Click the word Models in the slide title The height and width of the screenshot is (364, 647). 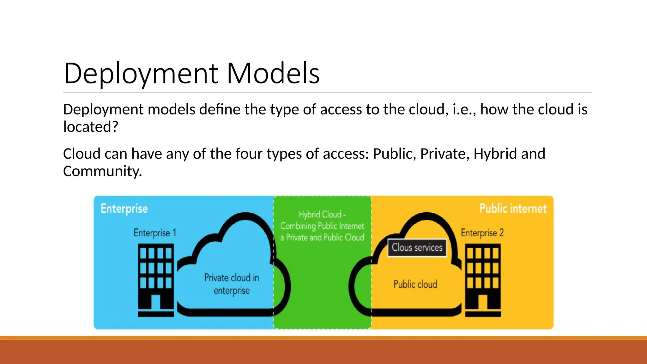(273, 73)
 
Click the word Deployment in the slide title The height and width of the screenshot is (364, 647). (141, 73)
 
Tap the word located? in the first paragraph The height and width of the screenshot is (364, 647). (91, 127)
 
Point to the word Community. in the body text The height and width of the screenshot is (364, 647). (102, 171)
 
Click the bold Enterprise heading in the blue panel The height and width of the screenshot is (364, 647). (124, 209)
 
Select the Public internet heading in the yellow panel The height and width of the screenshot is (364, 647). (513, 209)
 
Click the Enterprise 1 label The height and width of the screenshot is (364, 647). (155, 233)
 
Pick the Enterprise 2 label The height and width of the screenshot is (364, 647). (482, 233)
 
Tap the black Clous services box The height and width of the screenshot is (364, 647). (417, 248)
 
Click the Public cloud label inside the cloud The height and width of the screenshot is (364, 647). (415, 284)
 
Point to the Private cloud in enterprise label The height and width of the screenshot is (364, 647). (232, 284)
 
